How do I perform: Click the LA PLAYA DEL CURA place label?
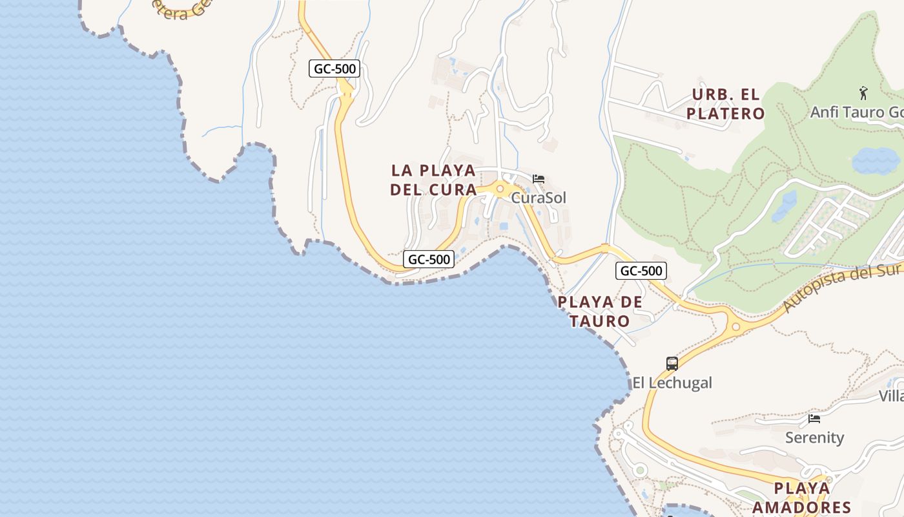(x=433, y=180)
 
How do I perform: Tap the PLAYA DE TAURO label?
(x=600, y=311)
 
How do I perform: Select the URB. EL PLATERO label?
(x=725, y=104)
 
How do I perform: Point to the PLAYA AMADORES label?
(x=801, y=498)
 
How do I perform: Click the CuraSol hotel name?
(x=539, y=198)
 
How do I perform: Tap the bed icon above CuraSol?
(x=539, y=179)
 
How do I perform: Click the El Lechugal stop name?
(x=672, y=383)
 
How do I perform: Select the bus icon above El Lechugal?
(x=672, y=364)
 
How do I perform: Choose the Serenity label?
(x=814, y=438)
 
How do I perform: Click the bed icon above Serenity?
(x=814, y=419)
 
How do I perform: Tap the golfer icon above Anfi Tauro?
(x=863, y=94)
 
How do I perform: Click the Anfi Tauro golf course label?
(x=856, y=112)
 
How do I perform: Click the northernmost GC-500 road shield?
(x=334, y=69)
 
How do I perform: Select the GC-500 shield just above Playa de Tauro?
(x=641, y=271)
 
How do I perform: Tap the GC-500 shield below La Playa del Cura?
(x=429, y=259)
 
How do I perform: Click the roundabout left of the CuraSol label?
(x=500, y=189)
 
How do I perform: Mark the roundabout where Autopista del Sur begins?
(x=735, y=326)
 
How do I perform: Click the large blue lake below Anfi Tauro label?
(x=876, y=161)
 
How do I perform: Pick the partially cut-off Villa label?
(x=892, y=396)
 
